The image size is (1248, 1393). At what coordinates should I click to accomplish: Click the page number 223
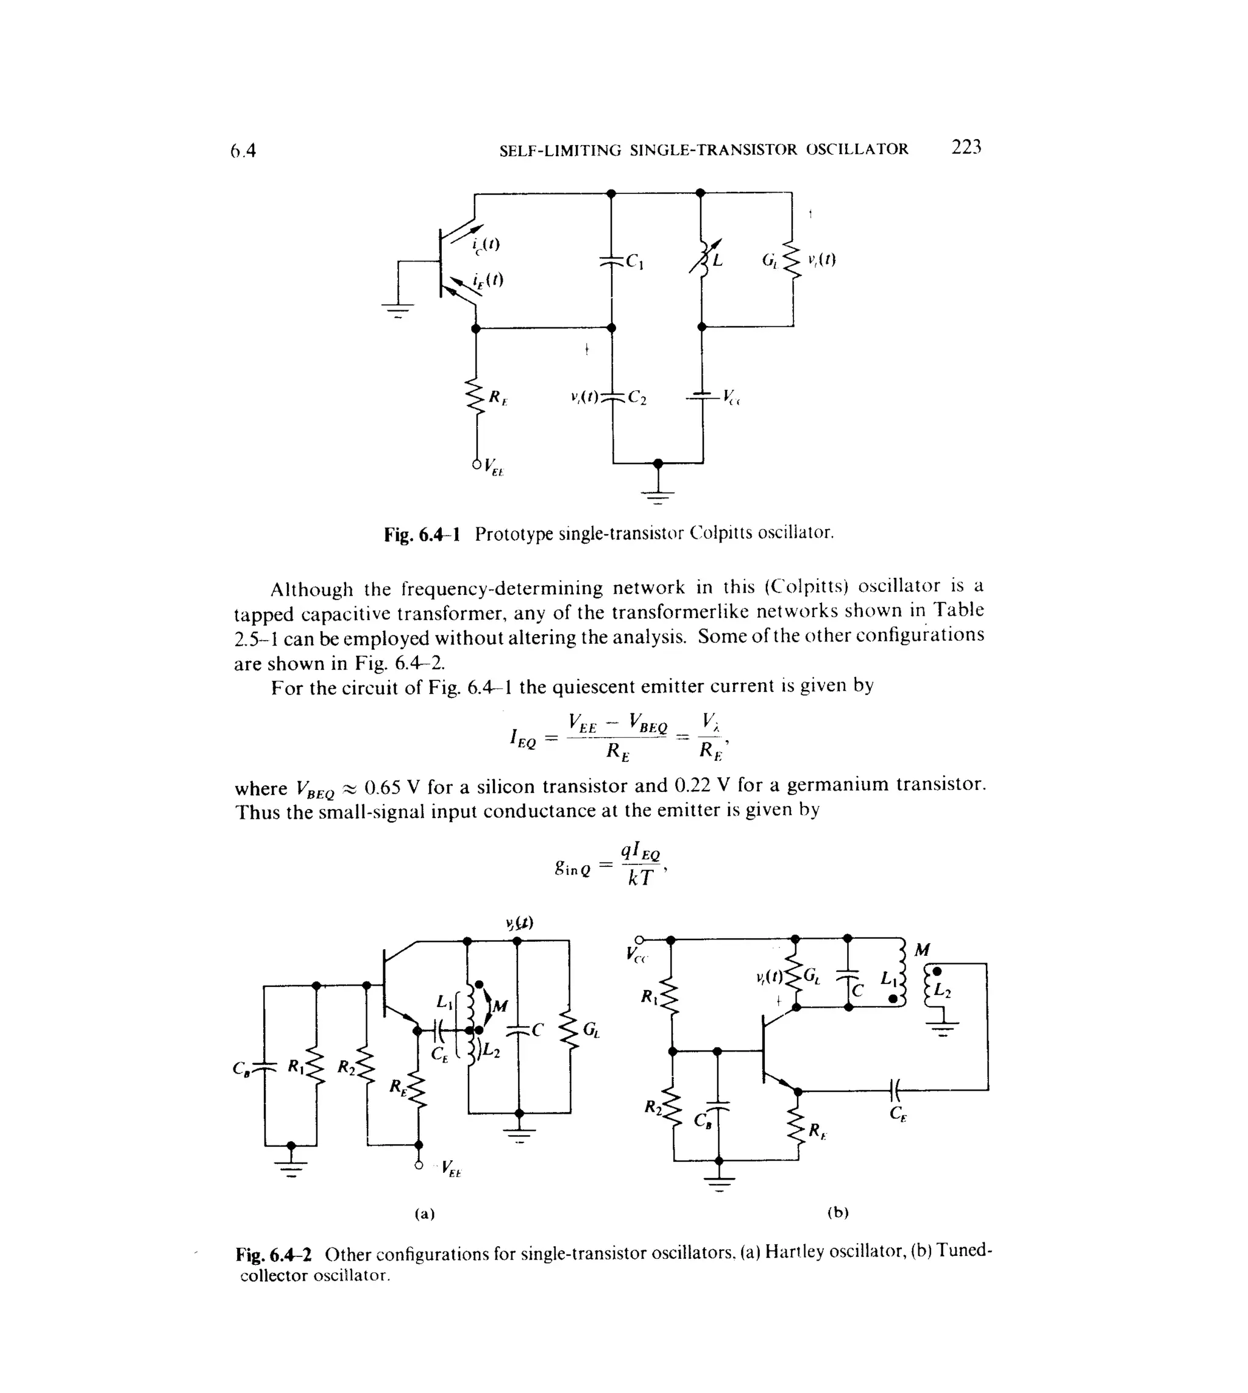pyautogui.click(x=966, y=147)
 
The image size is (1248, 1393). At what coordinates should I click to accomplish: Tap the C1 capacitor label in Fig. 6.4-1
pyautogui.click(x=634, y=262)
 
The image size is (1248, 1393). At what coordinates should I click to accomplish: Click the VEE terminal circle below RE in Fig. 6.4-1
pyautogui.click(x=477, y=465)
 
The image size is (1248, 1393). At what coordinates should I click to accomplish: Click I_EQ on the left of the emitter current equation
pyautogui.click(x=522, y=739)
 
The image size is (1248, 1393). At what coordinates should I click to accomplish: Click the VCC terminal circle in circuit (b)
pyautogui.click(x=639, y=939)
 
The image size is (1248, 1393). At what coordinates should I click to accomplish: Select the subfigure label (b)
pyautogui.click(x=837, y=1212)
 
